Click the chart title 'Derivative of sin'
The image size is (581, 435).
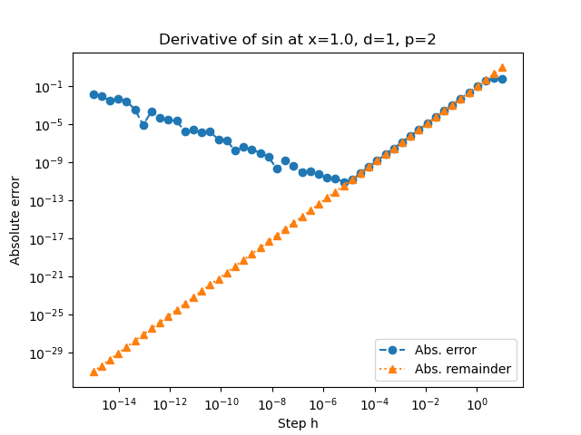pos(298,40)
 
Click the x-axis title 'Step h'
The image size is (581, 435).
pos(298,423)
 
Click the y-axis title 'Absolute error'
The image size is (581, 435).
pos(15,220)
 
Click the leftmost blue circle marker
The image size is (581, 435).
pos(94,94)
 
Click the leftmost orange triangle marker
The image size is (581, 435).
pos(94,372)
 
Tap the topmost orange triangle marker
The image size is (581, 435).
pos(502,68)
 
